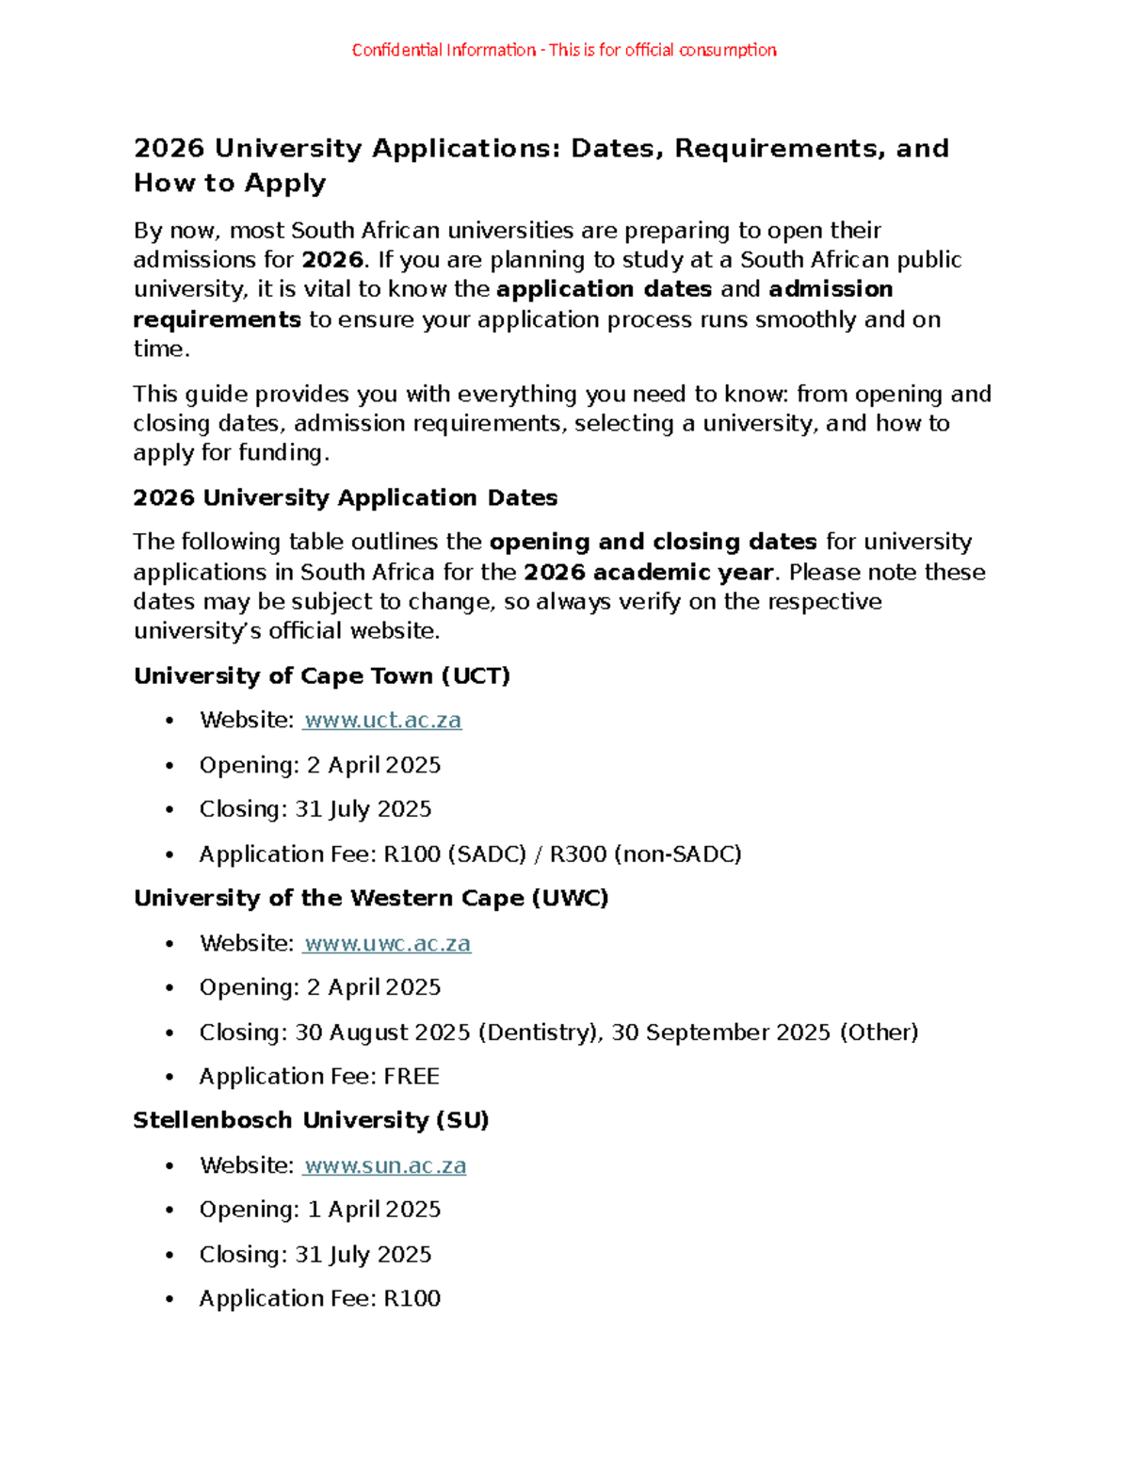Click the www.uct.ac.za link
click(382, 721)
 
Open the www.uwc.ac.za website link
click(387, 943)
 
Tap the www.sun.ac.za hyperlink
click(385, 1165)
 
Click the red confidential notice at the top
click(564, 50)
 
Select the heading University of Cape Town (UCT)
click(322, 675)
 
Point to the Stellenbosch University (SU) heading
click(311, 1120)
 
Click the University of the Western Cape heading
click(371, 898)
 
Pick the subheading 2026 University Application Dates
click(346, 497)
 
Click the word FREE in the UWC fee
click(412, 1076)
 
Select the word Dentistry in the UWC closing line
click(539, 1032)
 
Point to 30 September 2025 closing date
click(720, 1032)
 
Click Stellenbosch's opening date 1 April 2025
click(374, 1210)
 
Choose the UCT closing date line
click(315, 809)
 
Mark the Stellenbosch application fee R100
click(412, 1298)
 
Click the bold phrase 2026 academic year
click(649, 572)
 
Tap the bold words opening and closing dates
click(654, 542)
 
